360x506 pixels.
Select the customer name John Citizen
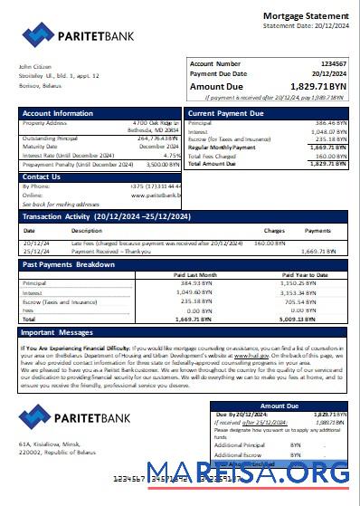point(33,65)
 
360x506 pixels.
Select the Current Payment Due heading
point(225,113)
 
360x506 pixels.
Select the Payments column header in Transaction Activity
point(317,231)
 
